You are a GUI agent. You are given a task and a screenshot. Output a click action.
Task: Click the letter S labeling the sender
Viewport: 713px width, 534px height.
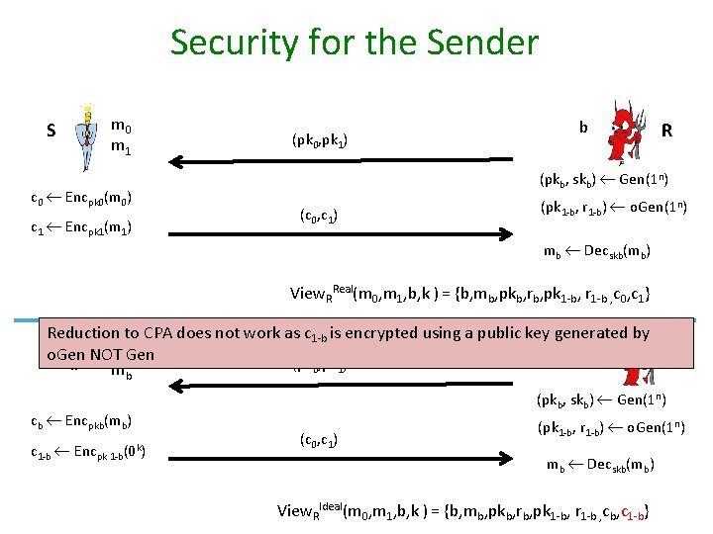tap(51, 131)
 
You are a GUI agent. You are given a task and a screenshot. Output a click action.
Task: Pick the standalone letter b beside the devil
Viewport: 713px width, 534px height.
tap(583, 127)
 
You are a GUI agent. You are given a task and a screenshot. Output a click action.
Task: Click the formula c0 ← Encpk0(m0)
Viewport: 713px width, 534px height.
tap(83, 200)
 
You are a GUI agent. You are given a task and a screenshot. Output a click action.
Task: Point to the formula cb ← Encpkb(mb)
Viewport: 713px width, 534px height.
tap(83, 422)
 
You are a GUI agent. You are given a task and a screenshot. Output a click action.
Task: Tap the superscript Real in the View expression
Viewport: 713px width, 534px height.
tap(344, 288)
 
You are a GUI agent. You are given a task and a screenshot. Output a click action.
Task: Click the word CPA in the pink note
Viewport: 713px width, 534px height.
tap(162, 333)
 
